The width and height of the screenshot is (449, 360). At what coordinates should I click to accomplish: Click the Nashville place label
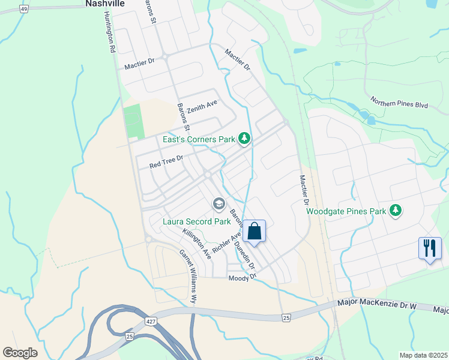click(x=105, y=4)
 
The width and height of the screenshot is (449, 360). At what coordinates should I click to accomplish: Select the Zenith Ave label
click(x=202, y=107)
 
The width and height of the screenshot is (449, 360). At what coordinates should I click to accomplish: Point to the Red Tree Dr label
click(x=166, y=160)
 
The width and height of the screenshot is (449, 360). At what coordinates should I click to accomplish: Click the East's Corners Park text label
click(x=199, y=139)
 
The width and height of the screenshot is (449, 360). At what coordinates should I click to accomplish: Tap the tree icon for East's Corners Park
click(x=244, y=139)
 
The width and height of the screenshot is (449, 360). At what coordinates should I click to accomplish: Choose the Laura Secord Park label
click(x=197, y=221)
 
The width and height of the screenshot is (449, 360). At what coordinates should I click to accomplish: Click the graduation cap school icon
click(x=218, y=205)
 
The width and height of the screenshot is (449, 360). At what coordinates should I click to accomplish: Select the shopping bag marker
click(x=254, y=230)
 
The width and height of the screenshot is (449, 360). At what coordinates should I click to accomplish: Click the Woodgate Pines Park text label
click(x=346, y=211)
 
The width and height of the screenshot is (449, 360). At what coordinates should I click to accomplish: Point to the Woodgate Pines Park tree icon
click(x=395, y=211)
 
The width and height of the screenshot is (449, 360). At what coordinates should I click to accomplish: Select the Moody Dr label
click(x=243, y=278)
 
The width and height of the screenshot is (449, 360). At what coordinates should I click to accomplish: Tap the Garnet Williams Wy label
click(x=188, y=275)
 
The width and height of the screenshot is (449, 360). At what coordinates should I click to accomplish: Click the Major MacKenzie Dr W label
click(x=377, y=305)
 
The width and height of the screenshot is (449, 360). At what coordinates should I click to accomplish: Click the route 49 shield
click(x=23, y=8)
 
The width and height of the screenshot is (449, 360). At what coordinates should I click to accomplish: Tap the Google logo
click(x=20, y=352)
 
